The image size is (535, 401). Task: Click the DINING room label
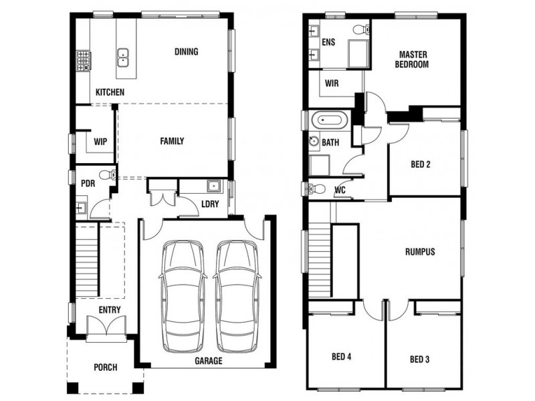(186, 51)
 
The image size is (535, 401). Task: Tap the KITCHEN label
(109, 92)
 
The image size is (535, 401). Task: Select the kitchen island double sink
(123, 57)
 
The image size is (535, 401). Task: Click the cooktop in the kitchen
(84, 61)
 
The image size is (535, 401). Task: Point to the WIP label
(100, 142)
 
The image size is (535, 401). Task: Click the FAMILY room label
(171, 141)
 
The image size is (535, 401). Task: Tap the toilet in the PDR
(112, 175)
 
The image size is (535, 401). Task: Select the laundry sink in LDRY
(213, 186)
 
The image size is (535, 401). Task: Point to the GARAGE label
(209, 361)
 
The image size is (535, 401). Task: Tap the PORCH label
(105, 367)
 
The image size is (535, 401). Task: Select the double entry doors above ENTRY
(106, 329)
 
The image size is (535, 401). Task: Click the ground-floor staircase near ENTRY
(88, 261)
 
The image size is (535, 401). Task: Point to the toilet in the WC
(318, 189)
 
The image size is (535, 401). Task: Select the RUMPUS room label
(420, 252)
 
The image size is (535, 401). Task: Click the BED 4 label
(341, 357)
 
